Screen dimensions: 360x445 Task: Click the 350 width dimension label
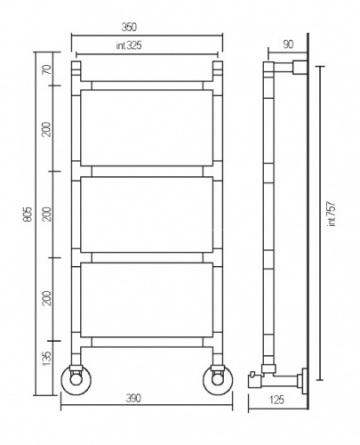click(129, 27)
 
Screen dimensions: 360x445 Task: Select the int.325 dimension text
click(129, 45)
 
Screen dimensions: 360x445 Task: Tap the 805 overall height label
click(28, 214)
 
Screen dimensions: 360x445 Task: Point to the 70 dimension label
click(48, 69)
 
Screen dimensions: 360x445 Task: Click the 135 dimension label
click(48, 358)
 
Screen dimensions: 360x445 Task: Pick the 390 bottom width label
click(133, 398)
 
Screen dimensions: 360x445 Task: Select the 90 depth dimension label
click(288, 44)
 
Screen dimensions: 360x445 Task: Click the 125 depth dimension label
click(276, 399)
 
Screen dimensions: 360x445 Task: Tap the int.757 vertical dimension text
click(332, 214)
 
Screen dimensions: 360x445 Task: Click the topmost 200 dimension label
click(48, 129)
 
